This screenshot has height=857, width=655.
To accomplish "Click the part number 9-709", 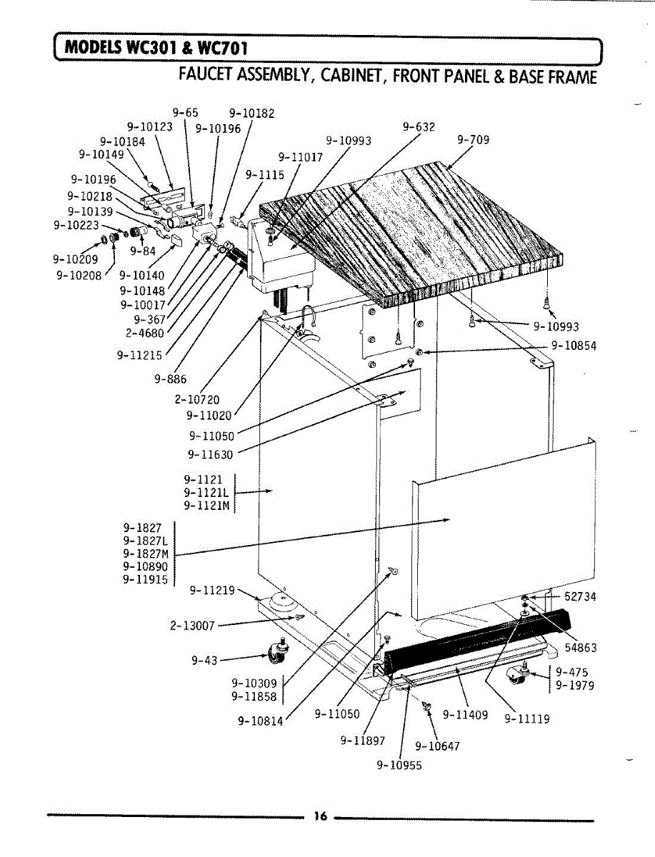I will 473,140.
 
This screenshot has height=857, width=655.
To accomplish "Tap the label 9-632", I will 419,127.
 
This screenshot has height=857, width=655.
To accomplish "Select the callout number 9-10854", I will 574,346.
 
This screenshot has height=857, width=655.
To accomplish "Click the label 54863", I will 580,648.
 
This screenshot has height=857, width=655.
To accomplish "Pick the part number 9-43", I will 204,661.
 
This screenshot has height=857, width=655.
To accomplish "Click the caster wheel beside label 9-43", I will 274,650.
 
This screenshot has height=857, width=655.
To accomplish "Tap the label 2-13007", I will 192,626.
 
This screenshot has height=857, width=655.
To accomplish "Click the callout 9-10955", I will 399,766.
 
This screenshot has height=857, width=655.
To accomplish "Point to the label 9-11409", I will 465,713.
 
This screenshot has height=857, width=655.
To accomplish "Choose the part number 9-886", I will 170,379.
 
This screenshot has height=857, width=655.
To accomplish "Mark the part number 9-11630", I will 211,453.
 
